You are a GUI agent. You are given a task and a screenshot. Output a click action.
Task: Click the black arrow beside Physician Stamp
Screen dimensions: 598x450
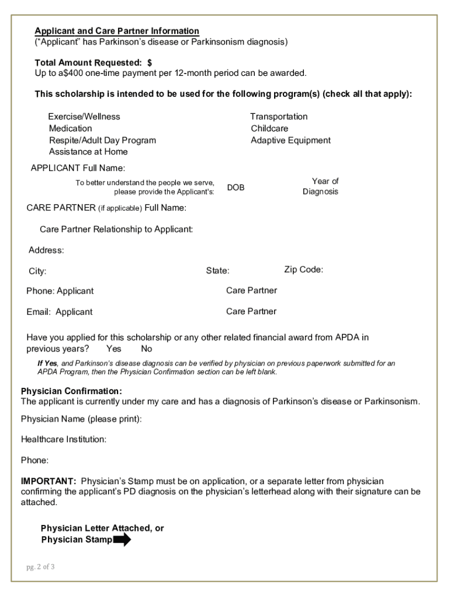click(x=122, y=540)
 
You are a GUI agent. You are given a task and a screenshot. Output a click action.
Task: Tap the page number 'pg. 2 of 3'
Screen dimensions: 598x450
click(x=40, y=566)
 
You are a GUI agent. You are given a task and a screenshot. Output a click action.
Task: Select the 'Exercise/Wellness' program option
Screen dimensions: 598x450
click(x=84, y=117)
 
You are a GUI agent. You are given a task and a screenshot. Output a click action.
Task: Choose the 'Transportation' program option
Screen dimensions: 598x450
click(x=279, y=117)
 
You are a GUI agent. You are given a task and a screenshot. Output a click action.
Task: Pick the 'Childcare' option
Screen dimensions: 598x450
click(x=269, y=128)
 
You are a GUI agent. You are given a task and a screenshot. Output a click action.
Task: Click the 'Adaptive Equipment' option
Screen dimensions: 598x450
click(x=290, y=140)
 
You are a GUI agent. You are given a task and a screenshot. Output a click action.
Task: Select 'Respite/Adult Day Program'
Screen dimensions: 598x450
click(x=102, y=140)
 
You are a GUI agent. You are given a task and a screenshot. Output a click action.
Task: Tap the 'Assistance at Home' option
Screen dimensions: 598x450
click(x=88, y=152)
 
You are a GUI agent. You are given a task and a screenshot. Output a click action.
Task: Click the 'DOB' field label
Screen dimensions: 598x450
click(x=236, y=187)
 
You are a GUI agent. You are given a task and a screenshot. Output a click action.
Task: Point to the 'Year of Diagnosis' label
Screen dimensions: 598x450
click(x=320, y=186)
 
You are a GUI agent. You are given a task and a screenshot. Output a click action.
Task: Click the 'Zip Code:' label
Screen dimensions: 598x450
click(x=303, y=269)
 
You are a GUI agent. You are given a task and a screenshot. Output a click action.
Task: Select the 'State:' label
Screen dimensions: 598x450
click(x=217, y=271)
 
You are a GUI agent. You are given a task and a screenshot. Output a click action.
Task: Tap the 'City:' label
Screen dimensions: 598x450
click(x=37, y=272)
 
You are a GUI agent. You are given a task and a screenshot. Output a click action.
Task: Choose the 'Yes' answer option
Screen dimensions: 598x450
click(x=114, y=349)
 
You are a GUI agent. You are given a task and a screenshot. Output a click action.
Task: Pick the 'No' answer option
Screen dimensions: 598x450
click(x=146, y=349)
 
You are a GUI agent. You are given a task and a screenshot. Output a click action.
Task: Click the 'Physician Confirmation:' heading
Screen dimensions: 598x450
click(x=71, y=391)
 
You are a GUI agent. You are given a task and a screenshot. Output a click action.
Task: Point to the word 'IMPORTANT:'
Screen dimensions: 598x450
click(x=49, y=481)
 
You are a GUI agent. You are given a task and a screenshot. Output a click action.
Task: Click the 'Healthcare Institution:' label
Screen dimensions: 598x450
click(x=64, y=439)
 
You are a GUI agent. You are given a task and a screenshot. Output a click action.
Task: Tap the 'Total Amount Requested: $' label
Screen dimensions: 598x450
click(x=94, y=62)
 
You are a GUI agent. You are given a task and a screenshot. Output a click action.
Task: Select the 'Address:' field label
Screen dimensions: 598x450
click(x=46, y=251)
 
